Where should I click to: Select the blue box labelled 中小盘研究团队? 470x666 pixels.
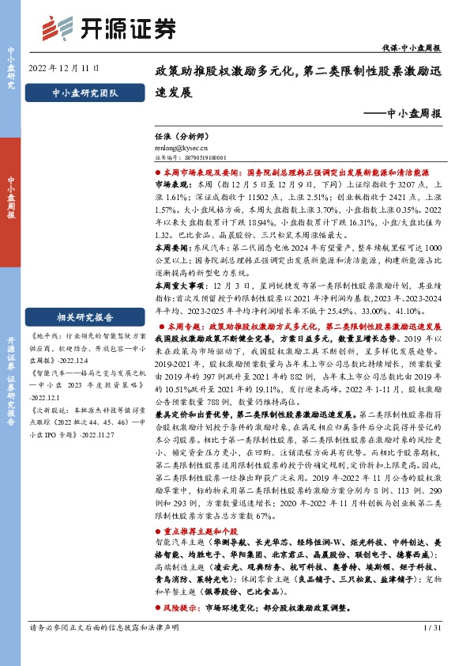click(x=84, y=94)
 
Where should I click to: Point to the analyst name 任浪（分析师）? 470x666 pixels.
click(x=179, y=137)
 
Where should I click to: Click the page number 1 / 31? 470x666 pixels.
click(x=433, y=650)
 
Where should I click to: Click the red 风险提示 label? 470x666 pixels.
click(x=180, y=611)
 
